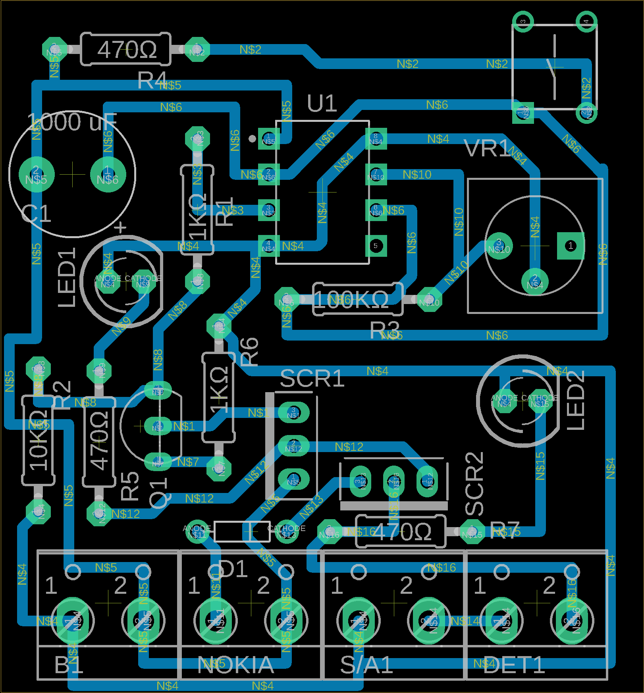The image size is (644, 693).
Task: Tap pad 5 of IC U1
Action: point(376,246)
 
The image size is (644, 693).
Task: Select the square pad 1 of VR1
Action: point(571,246)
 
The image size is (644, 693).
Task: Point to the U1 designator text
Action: point(322,104)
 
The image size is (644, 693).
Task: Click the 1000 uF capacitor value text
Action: point(72,122)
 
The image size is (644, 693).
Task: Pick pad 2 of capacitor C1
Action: point(36,174)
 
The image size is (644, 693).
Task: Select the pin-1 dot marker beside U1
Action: point(252,139)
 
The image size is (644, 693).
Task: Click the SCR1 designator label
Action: point(312,379)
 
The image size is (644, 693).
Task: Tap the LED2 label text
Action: point(575,400)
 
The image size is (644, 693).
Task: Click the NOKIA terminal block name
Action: point(236,665)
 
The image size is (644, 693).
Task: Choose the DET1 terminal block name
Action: point(514,665)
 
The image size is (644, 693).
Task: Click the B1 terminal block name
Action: point(69,665)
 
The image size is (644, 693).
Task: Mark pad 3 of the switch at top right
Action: point(523,21)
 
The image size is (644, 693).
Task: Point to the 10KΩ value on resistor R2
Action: point(39,440)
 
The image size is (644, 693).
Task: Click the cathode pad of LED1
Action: point(143,281)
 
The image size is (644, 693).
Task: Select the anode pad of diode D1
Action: point(197,531)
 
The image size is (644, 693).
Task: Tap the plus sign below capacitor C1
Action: point(120,227)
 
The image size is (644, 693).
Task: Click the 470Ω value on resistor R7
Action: point(402,532)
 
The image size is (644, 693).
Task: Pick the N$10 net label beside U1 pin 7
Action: point(417,175)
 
